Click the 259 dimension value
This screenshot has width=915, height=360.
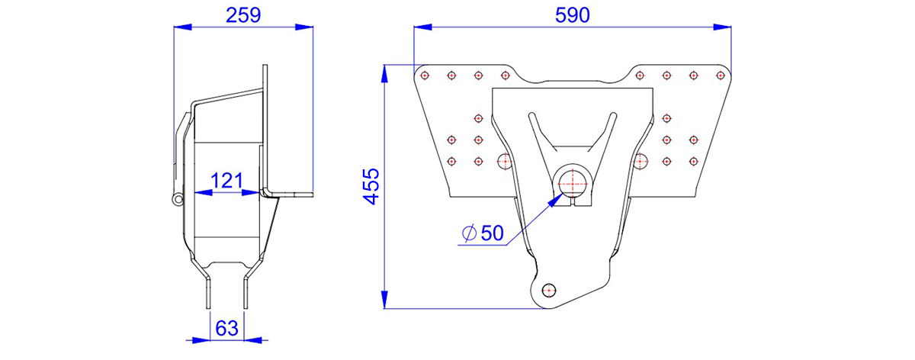243,15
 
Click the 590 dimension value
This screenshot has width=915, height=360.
573,15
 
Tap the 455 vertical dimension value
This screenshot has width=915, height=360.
371,186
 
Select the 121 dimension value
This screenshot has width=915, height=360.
226,181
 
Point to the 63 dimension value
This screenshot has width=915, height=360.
226,328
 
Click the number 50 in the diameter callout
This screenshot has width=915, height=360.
493,233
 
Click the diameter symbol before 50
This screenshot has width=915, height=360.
470,233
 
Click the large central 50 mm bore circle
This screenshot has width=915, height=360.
573,184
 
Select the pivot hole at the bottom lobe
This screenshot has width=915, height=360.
549,291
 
